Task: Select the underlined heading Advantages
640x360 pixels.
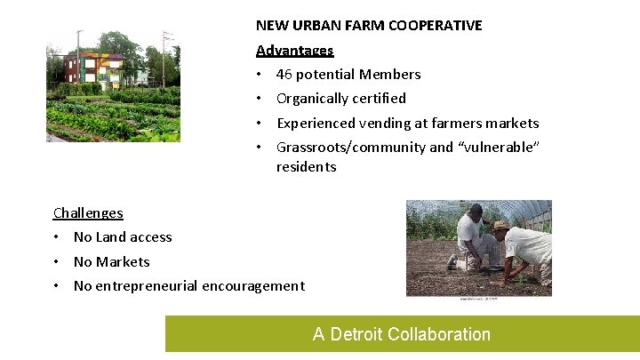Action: pos(294,51)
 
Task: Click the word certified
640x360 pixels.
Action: pos(379,99)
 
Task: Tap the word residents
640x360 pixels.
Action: pos(306,167)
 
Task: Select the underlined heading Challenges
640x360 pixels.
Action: pos(88,213)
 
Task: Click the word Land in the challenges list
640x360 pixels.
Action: pos(110,237)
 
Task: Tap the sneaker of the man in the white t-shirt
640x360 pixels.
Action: pos(452,264)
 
